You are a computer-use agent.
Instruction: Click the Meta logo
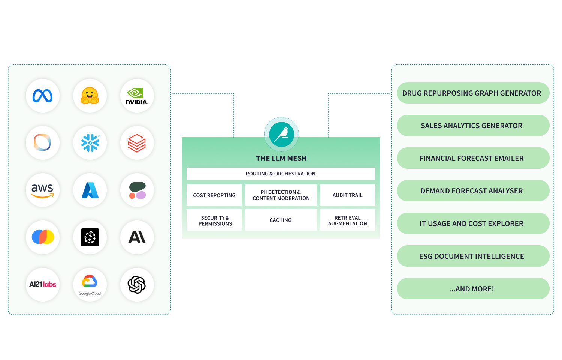(x=43, y=96)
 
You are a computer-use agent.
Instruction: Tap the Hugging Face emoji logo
(x=90, y=96)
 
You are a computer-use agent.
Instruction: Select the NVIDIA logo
(x=137, y=96)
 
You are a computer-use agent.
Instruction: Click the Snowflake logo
(x=90, y=143)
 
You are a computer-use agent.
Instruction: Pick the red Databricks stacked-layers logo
(x=137, y=143)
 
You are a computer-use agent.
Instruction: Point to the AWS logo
(x=43, y=190)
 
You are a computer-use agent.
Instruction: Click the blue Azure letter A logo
(x=90, y=190)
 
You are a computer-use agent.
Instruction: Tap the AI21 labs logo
(x=43, y=285)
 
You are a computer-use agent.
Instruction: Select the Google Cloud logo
(x=90, y=285)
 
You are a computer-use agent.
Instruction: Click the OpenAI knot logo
(x=137, y=285)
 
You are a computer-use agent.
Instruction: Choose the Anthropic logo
(x=137, y=237)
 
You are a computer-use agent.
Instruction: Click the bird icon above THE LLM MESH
(x=281, y=134)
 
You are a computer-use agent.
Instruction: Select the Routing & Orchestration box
(x=281, y=174)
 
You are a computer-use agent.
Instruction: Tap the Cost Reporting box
(x=214, y=195)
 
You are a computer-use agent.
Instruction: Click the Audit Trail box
(x=347, y=195)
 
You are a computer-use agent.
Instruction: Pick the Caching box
(x=281, y=220)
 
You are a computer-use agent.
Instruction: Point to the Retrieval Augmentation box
(x=347, y=220)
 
